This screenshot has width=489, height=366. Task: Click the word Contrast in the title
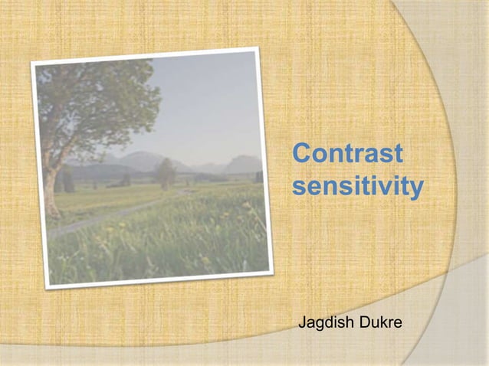tap(347, 154)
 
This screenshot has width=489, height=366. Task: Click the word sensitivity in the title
tap(358, 186)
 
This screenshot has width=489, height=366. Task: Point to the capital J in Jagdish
tap(302, 325)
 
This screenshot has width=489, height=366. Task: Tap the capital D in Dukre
tap(363, 325)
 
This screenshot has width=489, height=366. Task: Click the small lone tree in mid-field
tap(166, 173)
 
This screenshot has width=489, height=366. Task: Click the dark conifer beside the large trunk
tap(67, 181)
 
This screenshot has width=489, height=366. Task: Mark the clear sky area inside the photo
tap(207, 107)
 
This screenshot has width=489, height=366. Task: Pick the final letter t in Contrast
tap(396, 154)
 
